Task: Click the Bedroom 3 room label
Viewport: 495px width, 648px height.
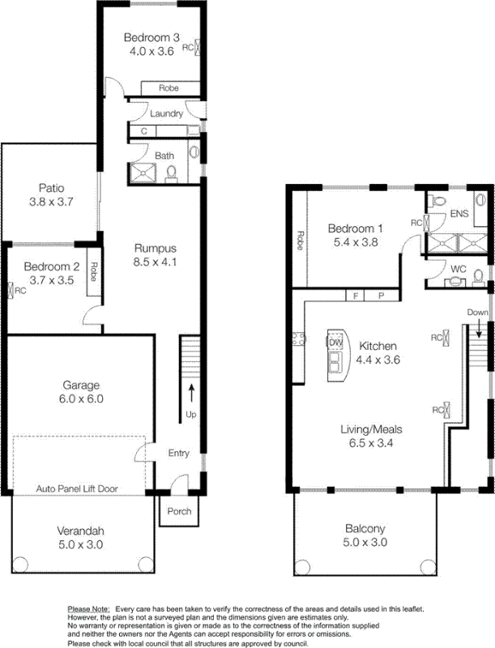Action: [x=151, y=37]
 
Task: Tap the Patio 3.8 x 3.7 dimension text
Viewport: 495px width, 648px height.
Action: [x=51, y=202]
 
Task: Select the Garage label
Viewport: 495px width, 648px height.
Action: [x=81, y=386]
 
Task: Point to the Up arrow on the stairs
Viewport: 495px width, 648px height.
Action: [x=191, y=393]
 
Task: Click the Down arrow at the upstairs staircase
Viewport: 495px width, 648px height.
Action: [x=479, y=330]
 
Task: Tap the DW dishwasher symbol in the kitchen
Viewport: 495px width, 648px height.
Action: [x=335, y=342]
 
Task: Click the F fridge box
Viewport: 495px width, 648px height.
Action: [x=355, y=296]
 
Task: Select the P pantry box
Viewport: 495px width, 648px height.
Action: [x=382, y=296]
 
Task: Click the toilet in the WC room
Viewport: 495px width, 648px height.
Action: [x=479, y=277]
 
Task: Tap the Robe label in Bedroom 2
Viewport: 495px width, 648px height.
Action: [x=93, y=271]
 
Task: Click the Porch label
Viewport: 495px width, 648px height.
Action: [x=179, y=511]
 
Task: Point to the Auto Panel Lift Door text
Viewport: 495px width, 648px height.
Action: [x=77, y=488]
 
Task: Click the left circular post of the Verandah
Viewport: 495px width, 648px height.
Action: [x=19, y=564]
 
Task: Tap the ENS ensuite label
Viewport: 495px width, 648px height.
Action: [x=459, y=214]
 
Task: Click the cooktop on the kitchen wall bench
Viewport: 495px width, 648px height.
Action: [x=298, y=339]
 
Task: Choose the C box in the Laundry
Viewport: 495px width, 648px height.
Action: [x=143, y=131]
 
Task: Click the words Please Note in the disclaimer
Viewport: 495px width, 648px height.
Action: [x=89, y=609]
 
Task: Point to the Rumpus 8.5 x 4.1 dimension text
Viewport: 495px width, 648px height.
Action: [x=155, y=262]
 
